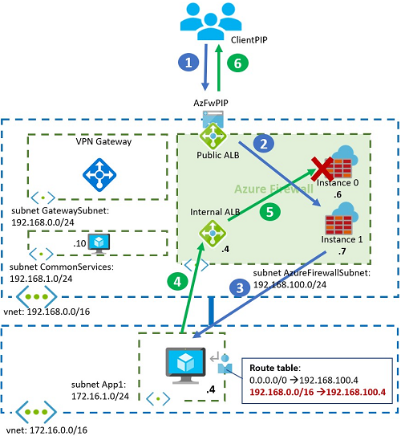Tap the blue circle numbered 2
pos(260,144)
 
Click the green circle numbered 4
pos(172,282)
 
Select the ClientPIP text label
pos(248,38)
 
